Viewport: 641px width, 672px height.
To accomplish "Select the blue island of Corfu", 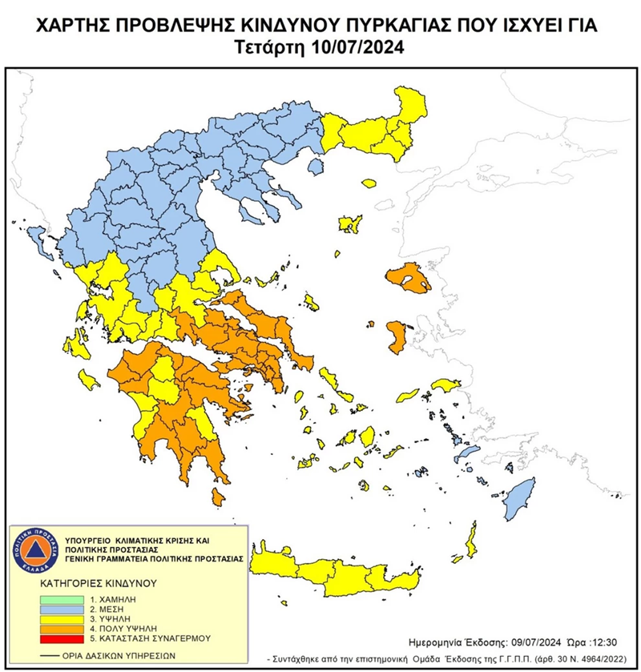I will tap(38, 237).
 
